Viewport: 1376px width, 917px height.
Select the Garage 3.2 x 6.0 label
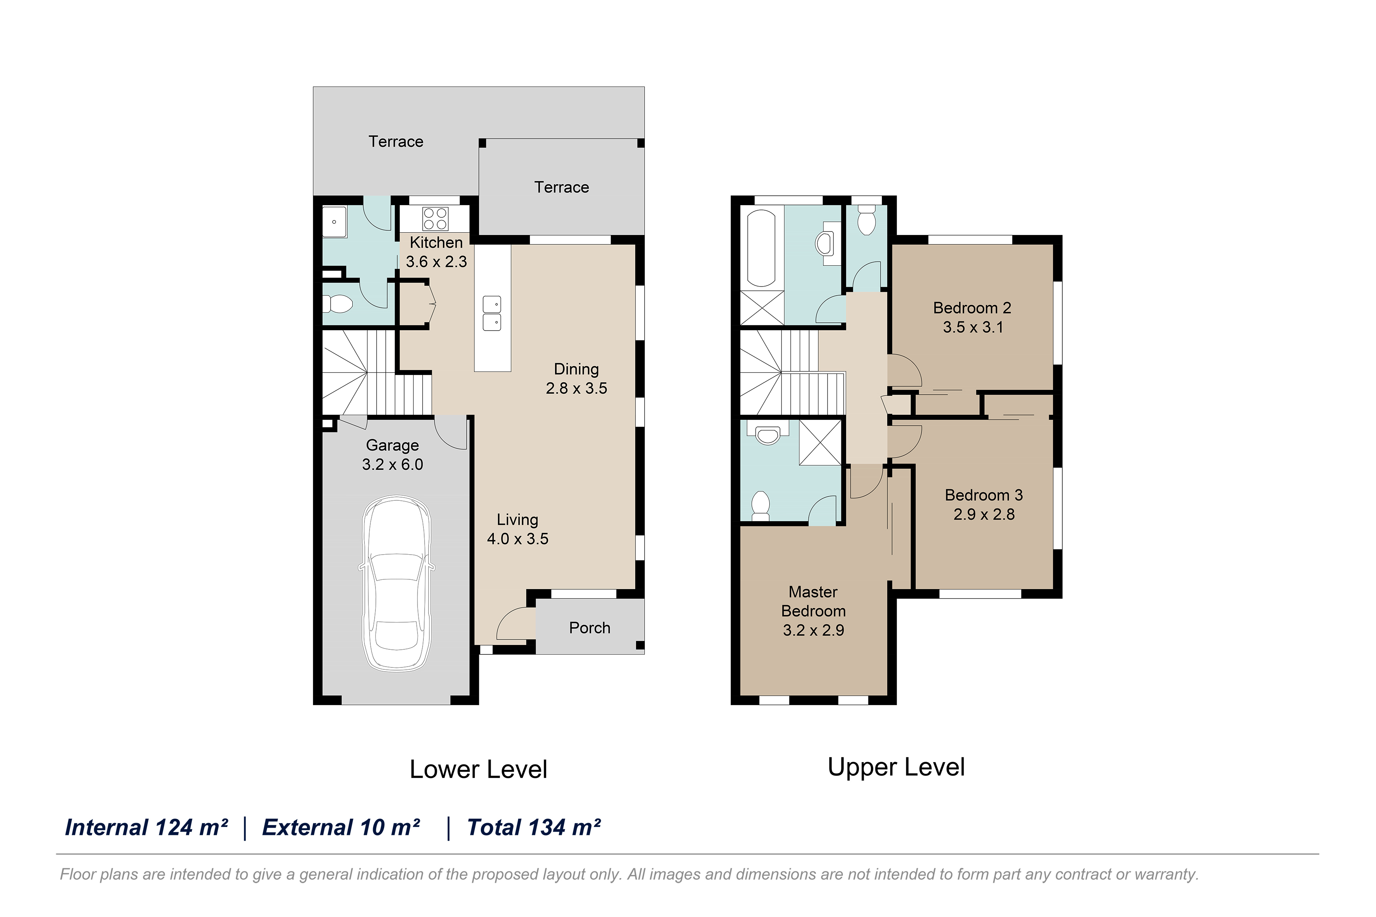(392, 454)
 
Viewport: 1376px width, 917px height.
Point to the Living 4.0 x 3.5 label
(517, 529)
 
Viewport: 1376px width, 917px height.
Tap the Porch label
(589, 627)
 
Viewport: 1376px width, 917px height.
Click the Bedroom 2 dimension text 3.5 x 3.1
(973, 327)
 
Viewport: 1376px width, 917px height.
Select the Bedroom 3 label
(984, 495)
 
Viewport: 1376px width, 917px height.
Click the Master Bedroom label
(813, 601)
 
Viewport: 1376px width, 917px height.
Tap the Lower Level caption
(478, 769)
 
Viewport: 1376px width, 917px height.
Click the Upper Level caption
(896, 767)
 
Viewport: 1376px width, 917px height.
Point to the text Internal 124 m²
(146, 827)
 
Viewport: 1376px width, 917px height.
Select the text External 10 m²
(341, 827)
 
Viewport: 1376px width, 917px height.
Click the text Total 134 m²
(533, 827)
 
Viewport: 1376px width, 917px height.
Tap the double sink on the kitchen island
(492, 314)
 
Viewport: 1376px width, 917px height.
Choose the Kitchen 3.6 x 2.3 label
(436, 252)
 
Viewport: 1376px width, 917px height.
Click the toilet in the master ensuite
(760, 506)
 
